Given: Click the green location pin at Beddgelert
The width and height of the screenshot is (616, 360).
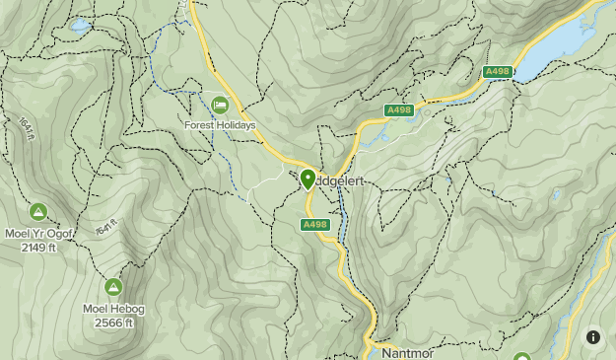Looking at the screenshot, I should (308, 179).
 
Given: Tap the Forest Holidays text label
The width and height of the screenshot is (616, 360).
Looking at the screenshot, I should (219, 125).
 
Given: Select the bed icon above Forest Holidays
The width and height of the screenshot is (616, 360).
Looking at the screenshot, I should (219, 105).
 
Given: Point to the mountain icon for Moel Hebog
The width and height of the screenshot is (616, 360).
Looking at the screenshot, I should (113, 288).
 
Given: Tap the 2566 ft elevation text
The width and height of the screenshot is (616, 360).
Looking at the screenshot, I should (113, 323).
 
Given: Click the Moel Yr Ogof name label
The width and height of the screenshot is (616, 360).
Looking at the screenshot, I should (38, 233).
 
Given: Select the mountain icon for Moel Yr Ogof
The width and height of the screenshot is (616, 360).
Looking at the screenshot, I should (38, 212).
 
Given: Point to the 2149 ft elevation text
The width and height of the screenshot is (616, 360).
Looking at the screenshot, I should (38, 247).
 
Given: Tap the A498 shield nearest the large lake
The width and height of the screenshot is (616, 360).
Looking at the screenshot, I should (498, 72).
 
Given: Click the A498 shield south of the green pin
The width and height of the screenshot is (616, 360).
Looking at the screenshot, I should (313, 225).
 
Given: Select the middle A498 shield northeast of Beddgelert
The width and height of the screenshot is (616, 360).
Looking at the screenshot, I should (399, 110).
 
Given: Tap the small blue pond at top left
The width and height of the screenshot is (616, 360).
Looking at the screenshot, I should (79, 26).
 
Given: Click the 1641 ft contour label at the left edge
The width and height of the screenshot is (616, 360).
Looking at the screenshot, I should (24, 129).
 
